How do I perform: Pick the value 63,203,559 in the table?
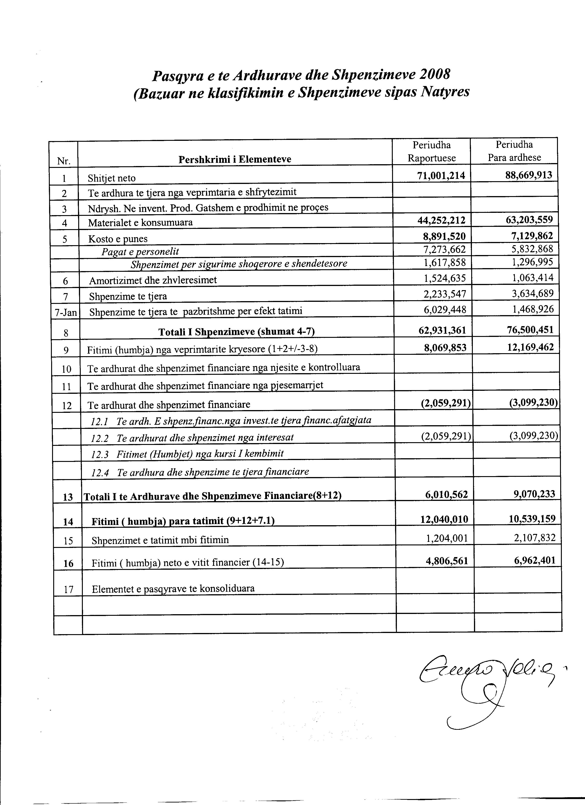pos(529,220)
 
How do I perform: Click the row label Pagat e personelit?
pos(140,252)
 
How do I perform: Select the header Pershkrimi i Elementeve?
pos(235,159)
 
